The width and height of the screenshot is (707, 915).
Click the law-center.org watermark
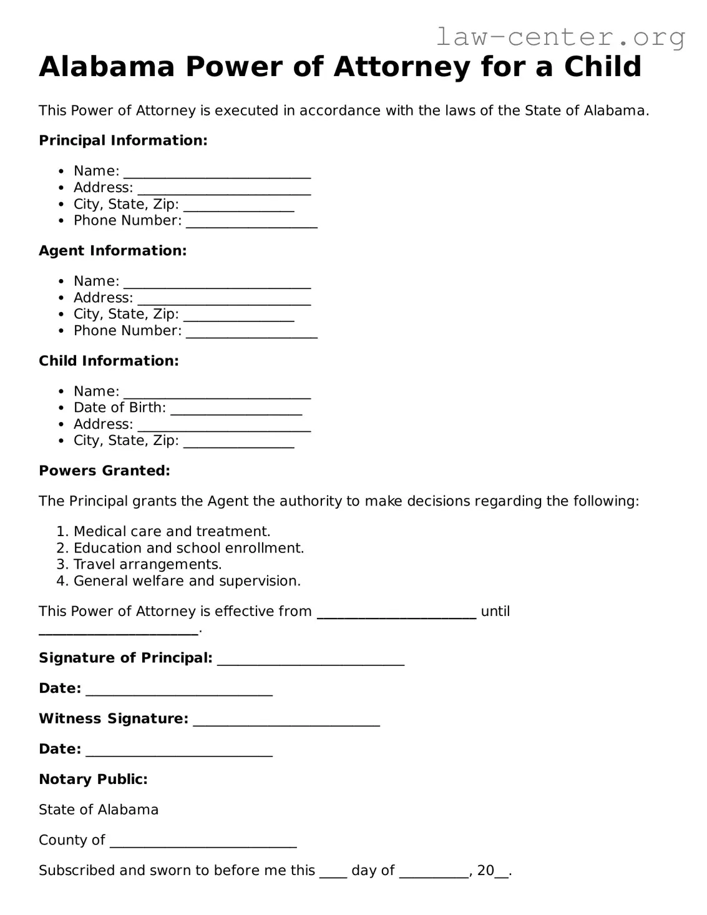click(560, 37)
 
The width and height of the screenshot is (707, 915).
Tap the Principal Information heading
click(123, 140)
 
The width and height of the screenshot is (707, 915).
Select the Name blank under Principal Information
click(217, 173)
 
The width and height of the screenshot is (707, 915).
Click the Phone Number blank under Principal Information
click(251, 223)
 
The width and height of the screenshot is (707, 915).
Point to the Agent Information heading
click(112, 251)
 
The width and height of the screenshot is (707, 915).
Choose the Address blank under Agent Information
click(224, 300)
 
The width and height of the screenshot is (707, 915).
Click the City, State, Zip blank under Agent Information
click(238, 316)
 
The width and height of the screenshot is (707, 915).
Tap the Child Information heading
click(109, 361)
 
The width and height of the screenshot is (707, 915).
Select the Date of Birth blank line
click(236, 410)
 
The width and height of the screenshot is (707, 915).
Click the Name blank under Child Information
click(217, 393)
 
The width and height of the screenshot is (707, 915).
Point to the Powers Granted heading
click(104, 471)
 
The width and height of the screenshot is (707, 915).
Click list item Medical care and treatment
click(172, 532)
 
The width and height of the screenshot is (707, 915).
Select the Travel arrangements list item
click(147, 565)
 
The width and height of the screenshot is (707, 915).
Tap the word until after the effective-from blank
click(495, 612)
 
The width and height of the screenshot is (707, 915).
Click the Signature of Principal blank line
click(311, 660)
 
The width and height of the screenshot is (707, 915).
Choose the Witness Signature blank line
click(286, 721)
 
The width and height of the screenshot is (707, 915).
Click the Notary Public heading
click(93, 780)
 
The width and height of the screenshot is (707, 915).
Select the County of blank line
click(203, 843)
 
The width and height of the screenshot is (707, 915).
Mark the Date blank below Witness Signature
click(179, 751)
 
